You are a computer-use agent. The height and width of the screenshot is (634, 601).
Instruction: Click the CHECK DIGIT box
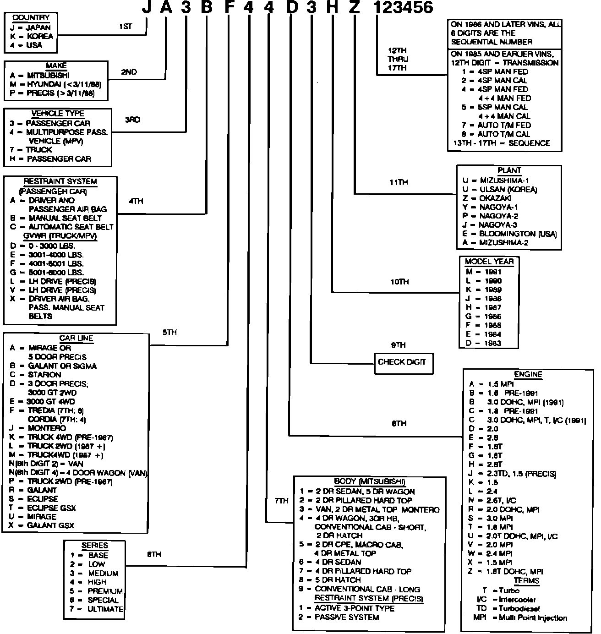point(402,362)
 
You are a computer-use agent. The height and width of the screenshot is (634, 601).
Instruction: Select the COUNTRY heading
point(31,18)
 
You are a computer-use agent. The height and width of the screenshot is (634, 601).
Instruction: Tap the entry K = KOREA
point(31,36)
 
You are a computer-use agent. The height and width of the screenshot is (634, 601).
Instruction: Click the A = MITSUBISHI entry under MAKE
point(40,76)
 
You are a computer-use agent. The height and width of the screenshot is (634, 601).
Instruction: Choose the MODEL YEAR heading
point(489,262)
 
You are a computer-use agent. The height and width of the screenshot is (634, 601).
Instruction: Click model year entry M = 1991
point(484,272)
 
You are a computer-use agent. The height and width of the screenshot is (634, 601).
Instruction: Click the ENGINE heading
point(528,374)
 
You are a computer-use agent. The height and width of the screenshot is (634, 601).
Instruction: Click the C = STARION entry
point(35,375)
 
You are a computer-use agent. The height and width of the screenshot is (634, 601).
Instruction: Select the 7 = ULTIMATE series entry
point(97,609)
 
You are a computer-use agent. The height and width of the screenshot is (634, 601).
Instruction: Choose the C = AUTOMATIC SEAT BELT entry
point(62,227)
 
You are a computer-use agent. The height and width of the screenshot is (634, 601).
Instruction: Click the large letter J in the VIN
point(146,8)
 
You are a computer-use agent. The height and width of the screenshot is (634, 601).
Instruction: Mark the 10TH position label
point(399,282)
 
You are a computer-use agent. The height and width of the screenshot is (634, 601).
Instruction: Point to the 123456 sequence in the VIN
point(403,8)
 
